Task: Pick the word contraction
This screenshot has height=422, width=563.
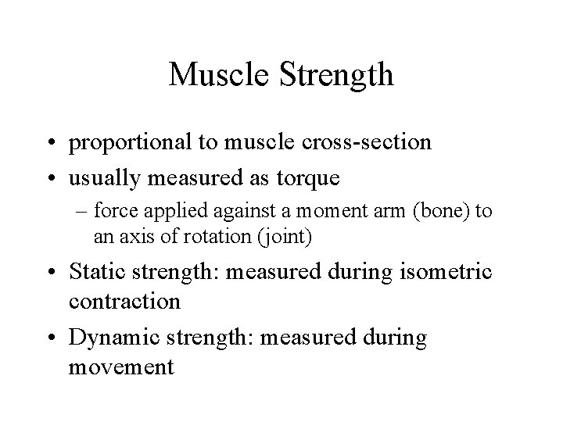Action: tap(124, 302)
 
